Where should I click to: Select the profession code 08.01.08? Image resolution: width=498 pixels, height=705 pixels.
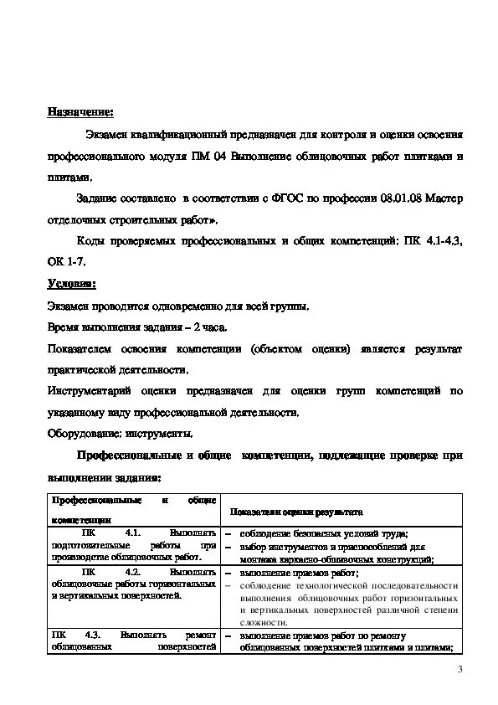tap(400, 199)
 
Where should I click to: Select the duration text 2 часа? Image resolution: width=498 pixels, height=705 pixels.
tap(206, 327)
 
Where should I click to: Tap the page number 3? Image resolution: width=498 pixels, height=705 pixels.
tap(459, 669)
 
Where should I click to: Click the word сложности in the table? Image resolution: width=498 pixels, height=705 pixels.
tap(264, 623)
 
